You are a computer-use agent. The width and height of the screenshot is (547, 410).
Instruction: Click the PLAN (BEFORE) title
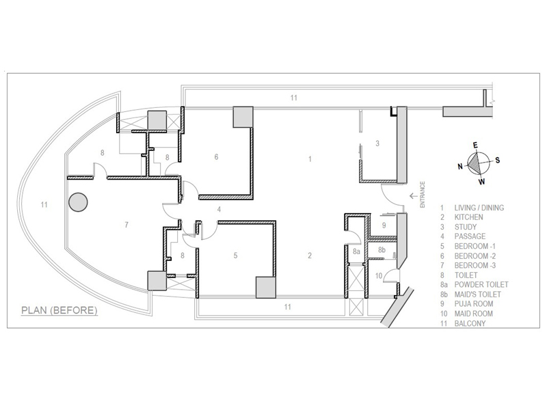pyautogui.click(x=59, y=310)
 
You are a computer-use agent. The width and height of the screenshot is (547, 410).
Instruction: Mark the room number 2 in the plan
pyautogui.click(x=310, y=256)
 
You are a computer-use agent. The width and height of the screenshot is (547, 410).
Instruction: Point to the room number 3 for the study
pyautogui.click(x=377, y=143)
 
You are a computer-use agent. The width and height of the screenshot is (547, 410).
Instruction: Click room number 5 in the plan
pyautogui.click(x=235, y=256)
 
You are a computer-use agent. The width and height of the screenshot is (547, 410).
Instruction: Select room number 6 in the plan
pyautogui.click(x=216, y=157)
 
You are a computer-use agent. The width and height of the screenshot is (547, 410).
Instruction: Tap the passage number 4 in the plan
pyautogui.click(x=219, y=209)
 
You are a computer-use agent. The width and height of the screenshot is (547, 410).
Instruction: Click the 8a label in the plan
pyautogui.click(x=356, y=252)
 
